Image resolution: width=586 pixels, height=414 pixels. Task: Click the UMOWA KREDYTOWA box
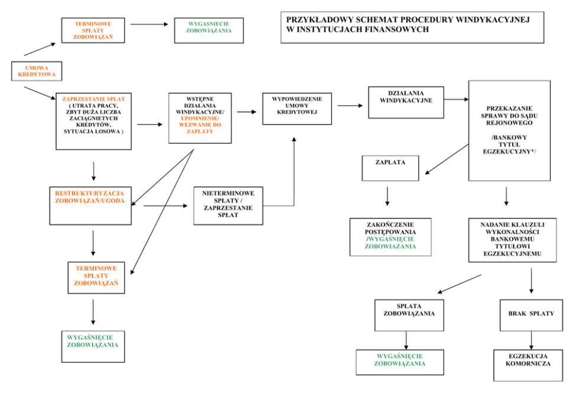pyautogui.click(x=37, y=71)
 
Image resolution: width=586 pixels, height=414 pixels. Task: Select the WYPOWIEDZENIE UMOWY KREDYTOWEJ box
pyautogui.click(x=297, y=108)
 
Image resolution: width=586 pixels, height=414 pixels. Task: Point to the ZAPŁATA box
pyautogui.click(x=390, y=168)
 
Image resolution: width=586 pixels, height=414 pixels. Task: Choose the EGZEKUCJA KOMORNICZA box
pyautogui.click(x=528, y=364)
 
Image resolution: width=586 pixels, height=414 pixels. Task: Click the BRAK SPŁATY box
pyautogui.click(x=531, y=315)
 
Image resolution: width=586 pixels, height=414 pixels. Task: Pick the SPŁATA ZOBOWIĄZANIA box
pyautogui.click(x=409, y=315)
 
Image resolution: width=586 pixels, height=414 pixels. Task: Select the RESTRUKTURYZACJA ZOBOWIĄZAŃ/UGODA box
pyautogui.click(x=90, y=206)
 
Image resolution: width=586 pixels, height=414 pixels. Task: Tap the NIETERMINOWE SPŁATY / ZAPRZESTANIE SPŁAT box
pyautogui.click(x=228, y=206)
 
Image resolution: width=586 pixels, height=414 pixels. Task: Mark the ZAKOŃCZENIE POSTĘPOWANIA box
pyautogui.click(x=390, y=236)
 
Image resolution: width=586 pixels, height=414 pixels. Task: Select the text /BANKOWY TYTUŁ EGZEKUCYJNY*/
pyautogui.click(x=509, y=145)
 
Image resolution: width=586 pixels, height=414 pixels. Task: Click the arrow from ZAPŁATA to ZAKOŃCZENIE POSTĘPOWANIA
pyautogui.click(x=388, y=196)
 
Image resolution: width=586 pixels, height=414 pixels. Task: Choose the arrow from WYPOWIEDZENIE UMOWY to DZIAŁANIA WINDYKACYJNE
pyautogui.click(x=350, y=106)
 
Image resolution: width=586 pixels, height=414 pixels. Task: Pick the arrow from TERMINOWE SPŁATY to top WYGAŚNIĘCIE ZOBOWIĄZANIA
pyautogui.click(x=149, y=24)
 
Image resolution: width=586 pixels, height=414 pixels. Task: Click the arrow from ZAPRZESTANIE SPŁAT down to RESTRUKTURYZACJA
pyautogui.click(x=93, y=171)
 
